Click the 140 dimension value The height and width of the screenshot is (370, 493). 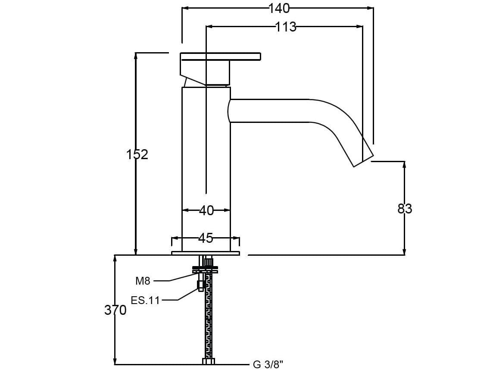(279, 9)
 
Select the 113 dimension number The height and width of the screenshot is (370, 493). (286, 27)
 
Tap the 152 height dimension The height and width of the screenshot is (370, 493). (137, 154)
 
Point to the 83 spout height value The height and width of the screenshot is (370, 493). (405, 209)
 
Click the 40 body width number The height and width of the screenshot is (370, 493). (206, 210)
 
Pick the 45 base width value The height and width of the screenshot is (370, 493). (206, 238)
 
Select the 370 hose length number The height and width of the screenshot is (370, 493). (115, 310)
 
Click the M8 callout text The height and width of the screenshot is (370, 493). (143, 281)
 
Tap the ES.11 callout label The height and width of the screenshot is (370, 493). (145, 301)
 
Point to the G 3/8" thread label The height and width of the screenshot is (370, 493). (268, 365)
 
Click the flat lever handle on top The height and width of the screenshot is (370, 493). (220, 56)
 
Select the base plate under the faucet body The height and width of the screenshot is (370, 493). (206, 253)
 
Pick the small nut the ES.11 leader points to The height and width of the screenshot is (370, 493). (200, 285)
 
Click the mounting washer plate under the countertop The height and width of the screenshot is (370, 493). (205, 270)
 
